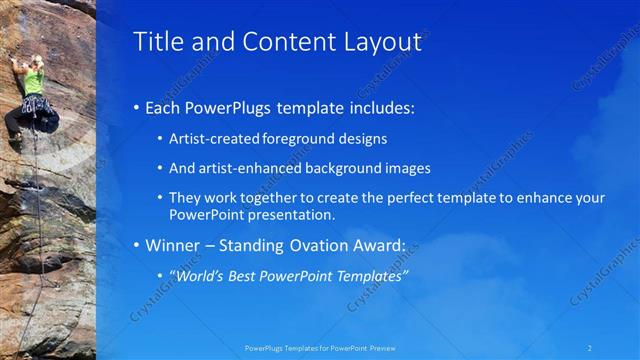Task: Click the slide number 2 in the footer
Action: tap(590, 347)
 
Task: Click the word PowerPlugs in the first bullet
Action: tap(228, 107)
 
